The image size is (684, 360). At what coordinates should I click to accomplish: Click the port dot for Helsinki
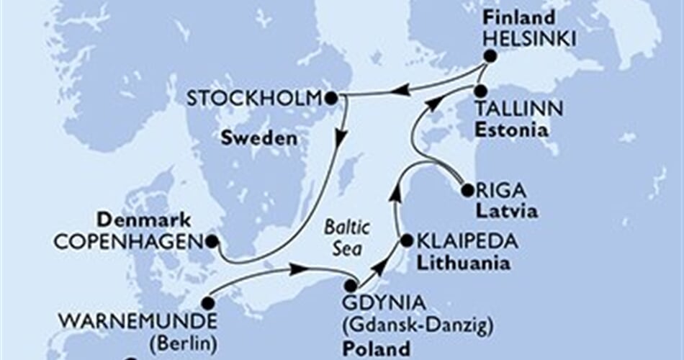490,56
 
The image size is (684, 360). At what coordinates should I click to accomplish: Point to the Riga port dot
467,191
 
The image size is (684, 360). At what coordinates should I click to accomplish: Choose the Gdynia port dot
351,286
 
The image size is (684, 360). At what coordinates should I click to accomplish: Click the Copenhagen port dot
212,243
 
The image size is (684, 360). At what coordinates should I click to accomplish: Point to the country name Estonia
510,131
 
